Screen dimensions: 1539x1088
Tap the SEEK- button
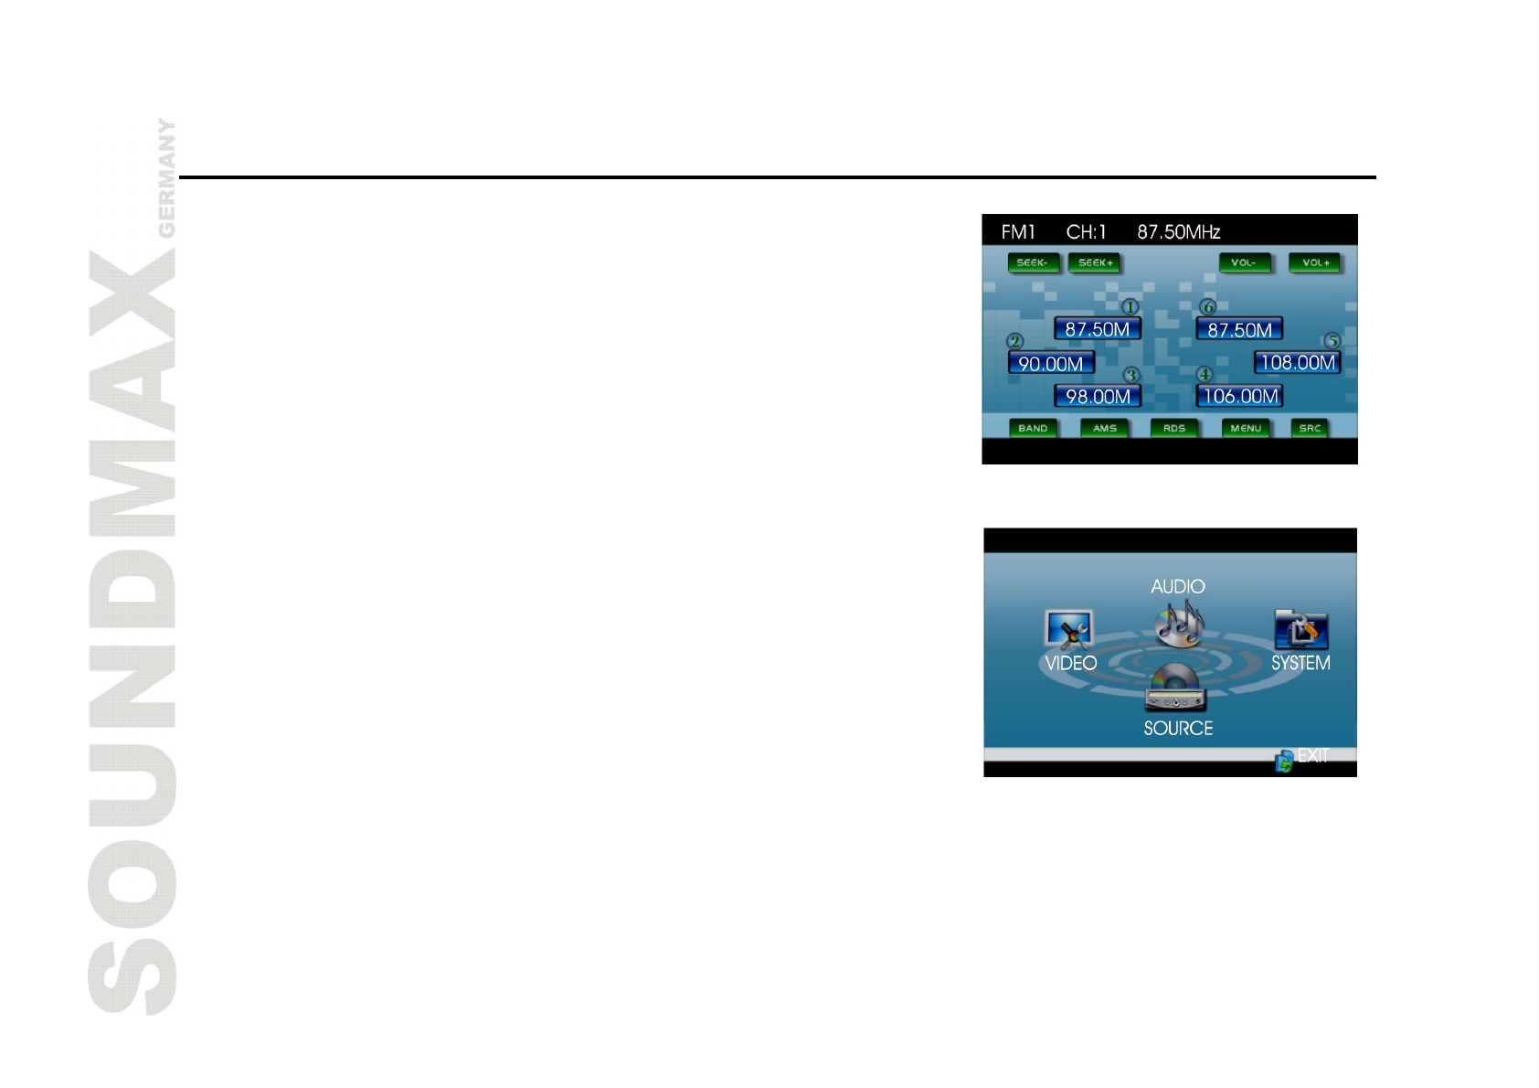(x=1033, y=263)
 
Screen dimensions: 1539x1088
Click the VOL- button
(x=1244, y=263)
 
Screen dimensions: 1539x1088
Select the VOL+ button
(x=1314, y=263)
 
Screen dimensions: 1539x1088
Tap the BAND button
(x=1033, y=428)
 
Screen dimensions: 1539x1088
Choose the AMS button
(x=1104, y=428)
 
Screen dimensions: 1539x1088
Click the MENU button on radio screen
(x=1245, y=428)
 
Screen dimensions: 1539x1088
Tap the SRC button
(x=1310, y=428)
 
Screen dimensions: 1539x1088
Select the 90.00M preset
(x=1051, y=364)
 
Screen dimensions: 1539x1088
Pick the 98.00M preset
(x=1098, y=397)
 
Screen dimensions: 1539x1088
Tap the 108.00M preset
(x=1297, y=363)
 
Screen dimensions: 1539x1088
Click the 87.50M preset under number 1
(x=1097, y=329)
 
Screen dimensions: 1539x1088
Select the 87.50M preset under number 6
(x=1239, y=329)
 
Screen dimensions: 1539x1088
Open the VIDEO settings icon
(x=1068, y=630)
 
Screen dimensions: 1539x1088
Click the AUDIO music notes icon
(x=1179, y=624)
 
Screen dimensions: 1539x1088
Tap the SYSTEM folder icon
(x=1300, y=630)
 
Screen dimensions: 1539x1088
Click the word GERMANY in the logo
(x=166, y=177)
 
